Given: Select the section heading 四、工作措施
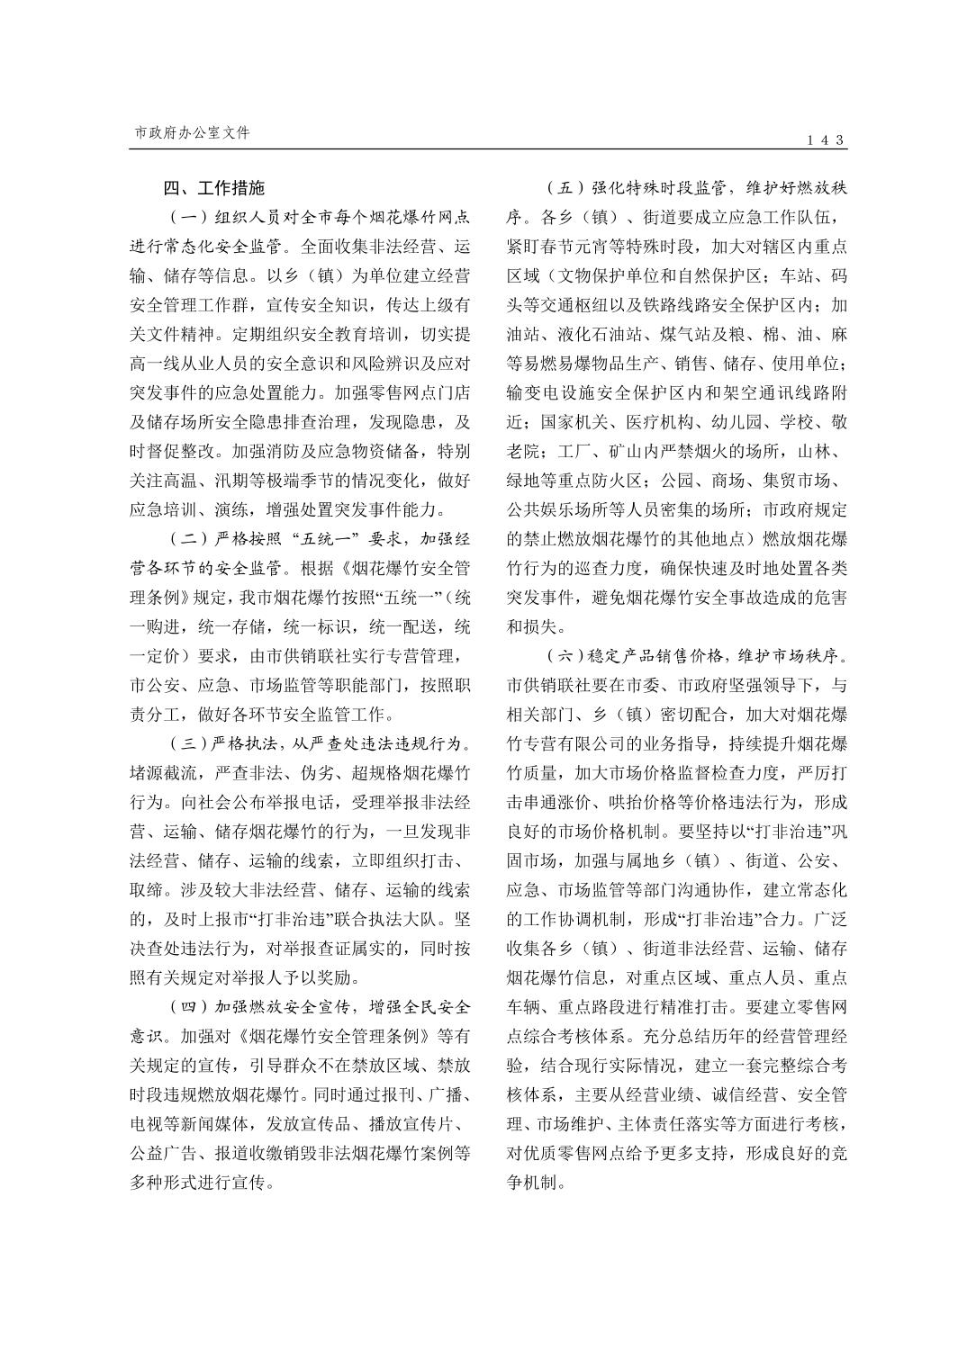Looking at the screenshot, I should [214, 188].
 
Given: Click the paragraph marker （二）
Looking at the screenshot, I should [187, 540].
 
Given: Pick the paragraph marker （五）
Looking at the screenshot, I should [564, 188].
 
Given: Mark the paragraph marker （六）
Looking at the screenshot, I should [564, 656].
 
